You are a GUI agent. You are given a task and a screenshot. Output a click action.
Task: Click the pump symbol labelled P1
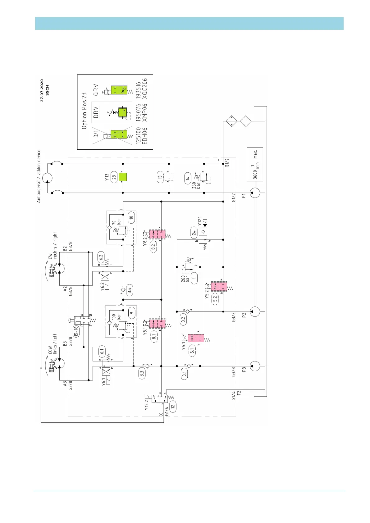pyautogui.click(x=254, y=193)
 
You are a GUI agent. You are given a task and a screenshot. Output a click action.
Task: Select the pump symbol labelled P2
pyautogui.click(x=254, y=312)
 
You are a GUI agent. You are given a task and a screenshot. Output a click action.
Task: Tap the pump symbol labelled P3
pyautogui.click(x=254, y=366)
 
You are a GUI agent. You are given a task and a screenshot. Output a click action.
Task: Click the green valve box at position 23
pyautogui.click(x=123, y=177)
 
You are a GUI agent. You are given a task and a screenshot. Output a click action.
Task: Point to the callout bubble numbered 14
pyautogui.click(x=188, y=178)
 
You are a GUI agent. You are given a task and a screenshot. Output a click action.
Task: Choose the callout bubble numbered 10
pyautogui.click(x=131, y=218)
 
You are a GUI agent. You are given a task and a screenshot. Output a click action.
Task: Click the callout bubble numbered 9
pyautogui.click(x=132, y=313)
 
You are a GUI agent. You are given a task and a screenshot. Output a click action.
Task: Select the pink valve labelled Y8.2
pyautogui.click(x=157, y=234)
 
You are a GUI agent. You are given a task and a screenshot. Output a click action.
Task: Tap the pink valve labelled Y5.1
pyautogui.click(x=196, y=338)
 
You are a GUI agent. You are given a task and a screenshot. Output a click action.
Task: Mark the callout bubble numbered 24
pyautogui.click(x=194, y=232)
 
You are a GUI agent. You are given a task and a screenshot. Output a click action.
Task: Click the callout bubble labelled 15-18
pyautogui.click(x=76, y=332)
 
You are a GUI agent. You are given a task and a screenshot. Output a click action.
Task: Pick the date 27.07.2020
pyautogui.click(x=42, y=90)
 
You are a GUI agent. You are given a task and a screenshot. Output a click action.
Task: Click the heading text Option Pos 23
pyautogui.click(x=84, y=111)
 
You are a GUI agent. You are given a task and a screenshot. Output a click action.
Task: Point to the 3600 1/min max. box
pyautogui.click(x=255, y=164)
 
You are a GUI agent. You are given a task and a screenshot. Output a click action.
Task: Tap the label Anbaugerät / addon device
pyautogui.click(x=39, y=176)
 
